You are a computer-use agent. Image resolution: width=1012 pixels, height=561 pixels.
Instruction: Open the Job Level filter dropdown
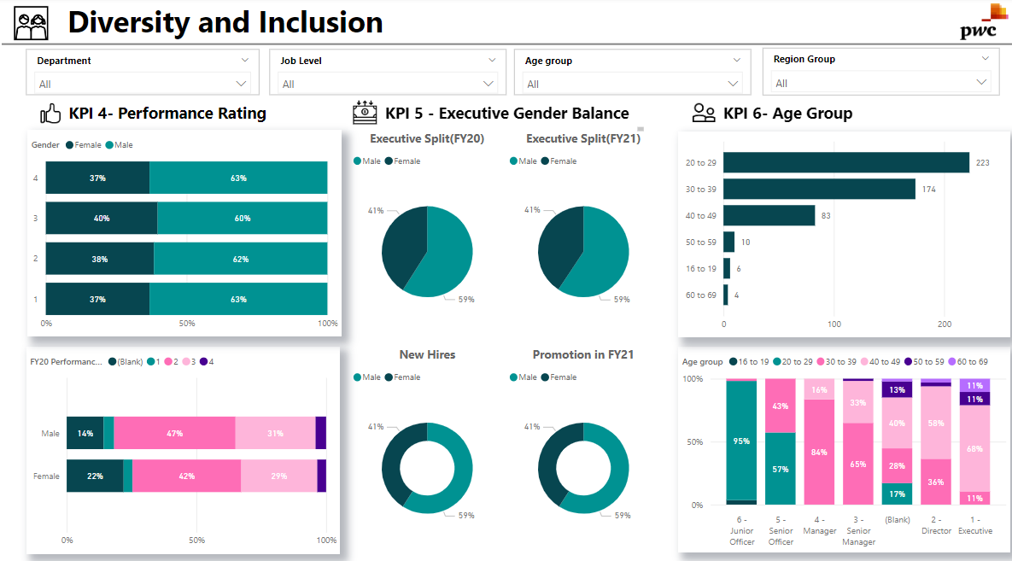pyautogui.click(x=488, y=83)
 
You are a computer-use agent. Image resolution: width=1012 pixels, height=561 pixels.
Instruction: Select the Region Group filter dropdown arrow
pyautogui.click(x=981, y=82)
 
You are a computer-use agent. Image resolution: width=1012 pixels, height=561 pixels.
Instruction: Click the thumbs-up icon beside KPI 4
pyautogui.click(x=51, y=114)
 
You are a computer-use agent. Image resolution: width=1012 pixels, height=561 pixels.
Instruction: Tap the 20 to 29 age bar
pyautogui.click(x=845, y=162)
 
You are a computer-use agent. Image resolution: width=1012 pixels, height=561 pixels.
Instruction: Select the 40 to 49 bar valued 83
pyautogui.click(x=769, y=215)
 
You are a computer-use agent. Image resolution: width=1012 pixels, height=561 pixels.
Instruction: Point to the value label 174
pyautogui.click(x=929, y=189)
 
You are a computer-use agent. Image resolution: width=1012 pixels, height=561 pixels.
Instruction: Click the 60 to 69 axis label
pyautogui.click(x=700, y=295)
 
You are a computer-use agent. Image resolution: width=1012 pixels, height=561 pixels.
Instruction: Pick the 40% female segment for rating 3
pyautogui.click(x=102, y=218)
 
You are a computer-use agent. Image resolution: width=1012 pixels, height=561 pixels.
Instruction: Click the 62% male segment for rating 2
pyautogui.click(x=240, y=259)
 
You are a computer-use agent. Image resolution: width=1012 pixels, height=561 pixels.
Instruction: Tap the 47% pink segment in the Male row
pyautogui.click(x=174, y=433)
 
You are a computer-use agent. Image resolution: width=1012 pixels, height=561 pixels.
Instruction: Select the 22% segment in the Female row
pyautogui.click(x=95, y=476)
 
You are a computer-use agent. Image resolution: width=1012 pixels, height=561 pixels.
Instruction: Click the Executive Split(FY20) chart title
pyautogui.click(x=427, y=138)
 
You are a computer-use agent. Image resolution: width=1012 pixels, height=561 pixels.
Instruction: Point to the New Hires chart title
pyautogui.click(x=427, y=354)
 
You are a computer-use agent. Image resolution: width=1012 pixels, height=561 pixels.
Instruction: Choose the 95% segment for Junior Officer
pyautogui.click(x=741, y=441)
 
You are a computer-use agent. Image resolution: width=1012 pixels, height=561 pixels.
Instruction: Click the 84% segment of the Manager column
pyautogui.click(x=819, y=452)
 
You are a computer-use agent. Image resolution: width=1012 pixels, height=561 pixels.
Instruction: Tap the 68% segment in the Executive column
pyautogui.click(x=974, y=448)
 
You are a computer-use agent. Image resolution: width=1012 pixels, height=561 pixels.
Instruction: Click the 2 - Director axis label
pyautogui.click(x=936, y=524)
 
